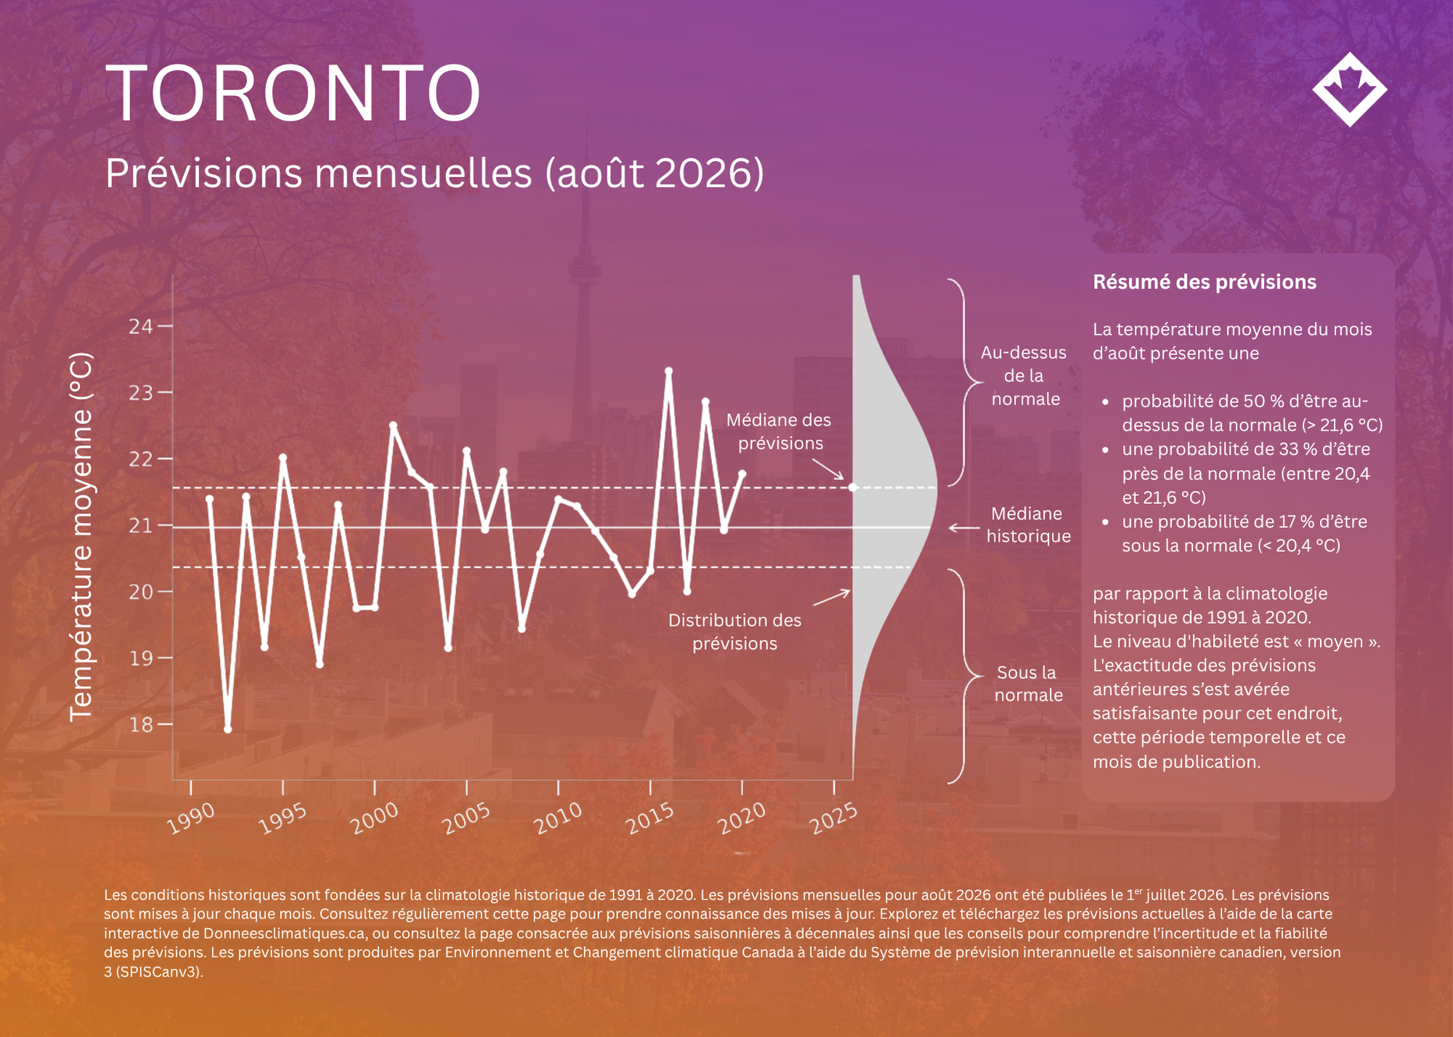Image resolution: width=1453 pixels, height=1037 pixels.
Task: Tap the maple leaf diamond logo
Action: coord(1350,89)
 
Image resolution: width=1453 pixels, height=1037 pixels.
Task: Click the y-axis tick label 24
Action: coord(141,326)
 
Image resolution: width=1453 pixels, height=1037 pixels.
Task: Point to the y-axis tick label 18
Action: coord(141,724)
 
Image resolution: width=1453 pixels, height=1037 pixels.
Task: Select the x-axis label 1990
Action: coord(190,818)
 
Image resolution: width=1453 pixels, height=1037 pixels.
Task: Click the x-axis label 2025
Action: coord(834,818)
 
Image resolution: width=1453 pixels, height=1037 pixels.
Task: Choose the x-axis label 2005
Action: coord(466,818)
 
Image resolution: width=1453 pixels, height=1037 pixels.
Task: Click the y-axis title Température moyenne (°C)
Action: coord(81,537)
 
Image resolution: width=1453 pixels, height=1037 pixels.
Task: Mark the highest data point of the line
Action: coord(669,371)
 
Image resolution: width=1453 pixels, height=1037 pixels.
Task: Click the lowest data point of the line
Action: coord(227,729)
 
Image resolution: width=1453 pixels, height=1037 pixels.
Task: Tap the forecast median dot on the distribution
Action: coord(853,487)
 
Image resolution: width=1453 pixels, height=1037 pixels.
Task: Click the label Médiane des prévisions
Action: coord(780,431)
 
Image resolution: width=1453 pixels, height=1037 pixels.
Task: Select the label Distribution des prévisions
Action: coord(734,632)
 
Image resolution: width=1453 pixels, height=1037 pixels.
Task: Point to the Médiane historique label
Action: coord(1028,525)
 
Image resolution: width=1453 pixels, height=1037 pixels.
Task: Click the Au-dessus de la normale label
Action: coord(1024,375)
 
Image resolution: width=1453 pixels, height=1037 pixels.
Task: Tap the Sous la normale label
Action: coord(1028,683)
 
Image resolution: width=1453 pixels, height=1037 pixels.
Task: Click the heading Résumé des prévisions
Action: coord(1205,282)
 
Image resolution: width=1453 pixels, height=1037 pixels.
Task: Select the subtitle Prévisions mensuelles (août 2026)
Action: coord(434,174)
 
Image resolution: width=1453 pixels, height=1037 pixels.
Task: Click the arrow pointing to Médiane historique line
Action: coord(964,528)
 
